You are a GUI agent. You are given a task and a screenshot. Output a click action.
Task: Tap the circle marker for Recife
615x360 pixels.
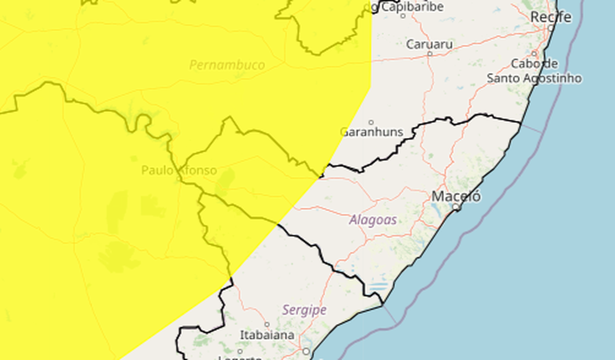point(551,27)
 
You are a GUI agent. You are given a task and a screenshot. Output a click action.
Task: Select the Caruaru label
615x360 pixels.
point(429,44)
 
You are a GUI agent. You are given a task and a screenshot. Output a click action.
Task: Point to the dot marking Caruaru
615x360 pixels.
point(429,54)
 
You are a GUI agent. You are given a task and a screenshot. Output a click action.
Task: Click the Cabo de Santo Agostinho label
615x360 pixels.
point(534,71)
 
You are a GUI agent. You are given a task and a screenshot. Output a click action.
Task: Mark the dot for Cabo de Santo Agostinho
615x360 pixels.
point(534,54)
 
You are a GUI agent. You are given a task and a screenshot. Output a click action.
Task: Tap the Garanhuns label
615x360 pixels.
point(371,132)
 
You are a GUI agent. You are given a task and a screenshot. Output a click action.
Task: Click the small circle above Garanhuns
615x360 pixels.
point(371,122)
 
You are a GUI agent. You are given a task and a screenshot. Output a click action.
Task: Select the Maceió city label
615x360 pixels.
point(456,196)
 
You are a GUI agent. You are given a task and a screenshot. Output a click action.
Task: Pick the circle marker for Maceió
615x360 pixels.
point(456,207)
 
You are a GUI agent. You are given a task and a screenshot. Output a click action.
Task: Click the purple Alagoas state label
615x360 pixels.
point(373,220)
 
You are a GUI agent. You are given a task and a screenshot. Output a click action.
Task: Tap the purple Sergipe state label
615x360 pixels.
point(304,310)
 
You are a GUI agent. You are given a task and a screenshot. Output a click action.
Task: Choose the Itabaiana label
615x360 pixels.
point(267,335)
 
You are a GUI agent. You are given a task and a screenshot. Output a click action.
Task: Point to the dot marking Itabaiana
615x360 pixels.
point(267,325)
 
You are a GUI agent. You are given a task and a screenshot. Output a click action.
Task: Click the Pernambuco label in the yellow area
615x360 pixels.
point(227,65)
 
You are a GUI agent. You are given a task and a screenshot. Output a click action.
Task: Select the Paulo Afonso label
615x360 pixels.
point(179,170)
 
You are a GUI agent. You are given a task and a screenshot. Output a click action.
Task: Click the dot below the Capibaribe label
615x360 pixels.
point(403,16)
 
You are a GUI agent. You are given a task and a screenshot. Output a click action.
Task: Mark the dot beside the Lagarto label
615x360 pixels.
point(240,351)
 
